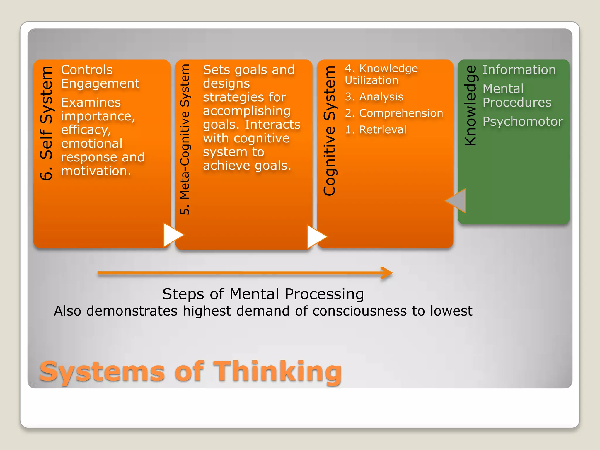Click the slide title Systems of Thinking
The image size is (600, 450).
(x=190, y=371)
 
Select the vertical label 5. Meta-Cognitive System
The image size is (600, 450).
(x=185, y=139)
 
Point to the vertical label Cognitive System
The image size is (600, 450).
(x=330, y=131)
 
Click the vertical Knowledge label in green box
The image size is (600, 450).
(x=471, y=105)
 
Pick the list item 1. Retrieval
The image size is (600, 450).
(x=376, y=129)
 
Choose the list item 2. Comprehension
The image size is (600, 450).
(x=394, y=113)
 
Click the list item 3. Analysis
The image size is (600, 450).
(x=374, y=97)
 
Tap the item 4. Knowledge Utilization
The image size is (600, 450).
(x=381, y=74)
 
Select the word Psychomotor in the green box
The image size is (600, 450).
(x=523, y=122)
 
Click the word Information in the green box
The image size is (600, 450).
(x=519, y=70)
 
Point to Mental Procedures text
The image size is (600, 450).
(x=517, y=96)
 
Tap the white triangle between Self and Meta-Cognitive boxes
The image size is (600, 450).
(x=172, y=235)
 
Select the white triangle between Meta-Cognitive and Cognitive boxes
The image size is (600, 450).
(x=316, y=236)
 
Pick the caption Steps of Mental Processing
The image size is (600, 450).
(x=263, y=294)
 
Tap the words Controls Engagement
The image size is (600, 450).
(x=100, y=77)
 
